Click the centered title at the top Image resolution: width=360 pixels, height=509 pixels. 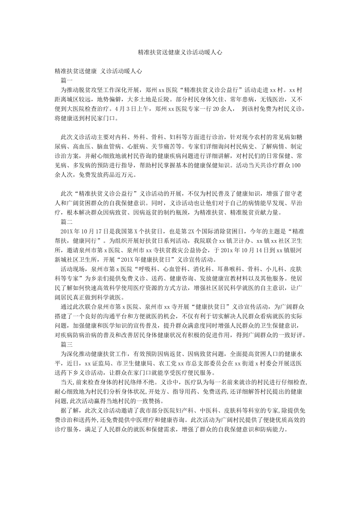pos(180,53)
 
